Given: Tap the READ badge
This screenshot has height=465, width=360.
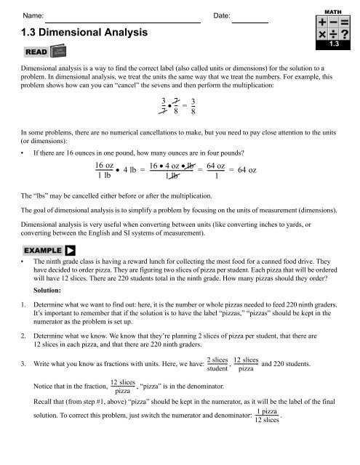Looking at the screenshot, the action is coord(36,53).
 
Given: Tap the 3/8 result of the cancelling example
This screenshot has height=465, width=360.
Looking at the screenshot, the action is coord(192,106).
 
